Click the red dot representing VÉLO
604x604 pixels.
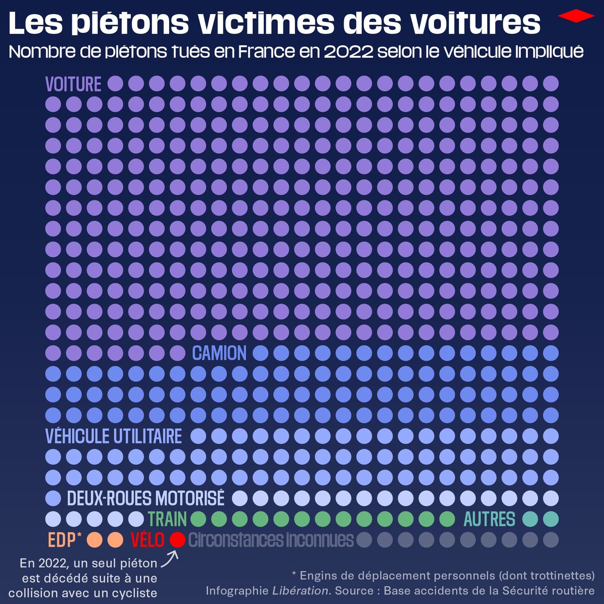(x=177, y=540)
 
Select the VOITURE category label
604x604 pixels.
(x=73, y=84)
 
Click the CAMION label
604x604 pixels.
(x=219, y=353)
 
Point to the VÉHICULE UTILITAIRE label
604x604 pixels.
(x=114, y=436)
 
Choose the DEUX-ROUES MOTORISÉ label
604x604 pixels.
(x=145, y=498)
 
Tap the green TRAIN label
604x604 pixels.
(x=167, y=519)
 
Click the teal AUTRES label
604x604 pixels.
(x=489, y=519)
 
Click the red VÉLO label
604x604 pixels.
(x=147, y=540)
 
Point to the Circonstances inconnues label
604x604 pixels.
(x=271, y=540)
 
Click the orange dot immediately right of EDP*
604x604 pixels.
(x=95, y=540)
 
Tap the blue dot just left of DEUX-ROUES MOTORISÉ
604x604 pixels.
(x=53, y=498)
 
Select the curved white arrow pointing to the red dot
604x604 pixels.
(x=171, y=558)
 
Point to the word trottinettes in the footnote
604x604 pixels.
(x=554, y=575)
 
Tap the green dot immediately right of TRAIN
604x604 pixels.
(x=198, y=519)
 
